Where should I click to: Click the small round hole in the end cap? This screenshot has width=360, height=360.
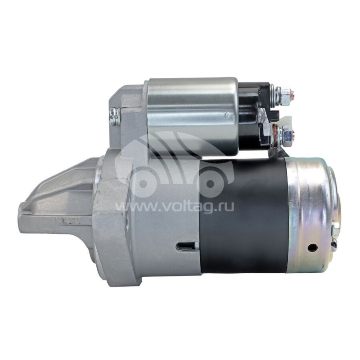(x=313, y=247)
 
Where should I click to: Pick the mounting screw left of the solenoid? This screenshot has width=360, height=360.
(x=115, y=117)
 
